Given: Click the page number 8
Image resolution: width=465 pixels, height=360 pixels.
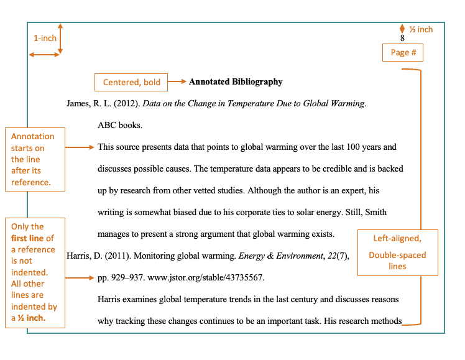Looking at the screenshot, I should pyautogui.click(x=402, y=38).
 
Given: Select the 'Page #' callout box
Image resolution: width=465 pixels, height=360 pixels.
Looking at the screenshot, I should pyautogui.click(x=403, y=53).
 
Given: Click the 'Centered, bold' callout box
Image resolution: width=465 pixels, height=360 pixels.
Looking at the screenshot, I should pyautogui.click(x=131, y=82).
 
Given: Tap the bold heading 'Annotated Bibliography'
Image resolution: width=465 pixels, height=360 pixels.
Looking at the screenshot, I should pyautogui.click(x=236, y=82).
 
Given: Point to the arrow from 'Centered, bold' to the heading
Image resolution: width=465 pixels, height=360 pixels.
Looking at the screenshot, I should pyautogui.click(x=177, y=82).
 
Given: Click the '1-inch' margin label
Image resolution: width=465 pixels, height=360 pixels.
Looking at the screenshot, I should pyautogui.click(x=45, y=38).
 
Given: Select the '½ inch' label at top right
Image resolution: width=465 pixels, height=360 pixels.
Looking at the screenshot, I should pyautogui.click(x=421, y=29).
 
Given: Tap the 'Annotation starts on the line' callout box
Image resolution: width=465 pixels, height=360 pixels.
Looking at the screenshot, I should pyautogui.click(x=37, y=159).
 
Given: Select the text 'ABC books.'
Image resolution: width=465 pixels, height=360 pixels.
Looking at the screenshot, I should pyautogui.click(x=120, y=125).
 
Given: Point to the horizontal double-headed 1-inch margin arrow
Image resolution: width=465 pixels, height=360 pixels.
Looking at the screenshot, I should pyautogui.click(x=45, y=55).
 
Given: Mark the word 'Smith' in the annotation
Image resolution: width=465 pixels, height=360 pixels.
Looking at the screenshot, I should pyautogui.click(x=374, y=212).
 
